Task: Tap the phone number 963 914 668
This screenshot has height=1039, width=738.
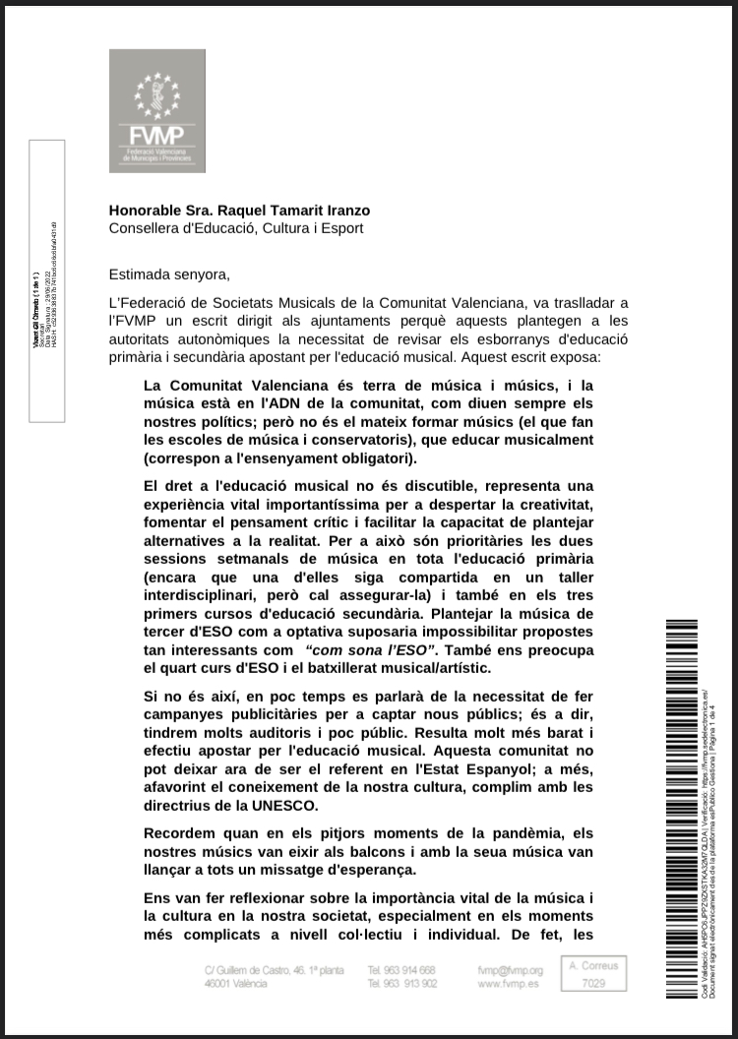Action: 400,970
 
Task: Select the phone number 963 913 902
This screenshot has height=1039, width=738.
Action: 400,984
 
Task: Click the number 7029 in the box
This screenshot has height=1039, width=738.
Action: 594,984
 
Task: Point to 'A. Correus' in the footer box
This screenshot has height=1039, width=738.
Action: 594,966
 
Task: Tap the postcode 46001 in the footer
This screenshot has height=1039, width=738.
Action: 219,984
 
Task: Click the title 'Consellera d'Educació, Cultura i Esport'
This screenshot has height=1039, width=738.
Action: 236,228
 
